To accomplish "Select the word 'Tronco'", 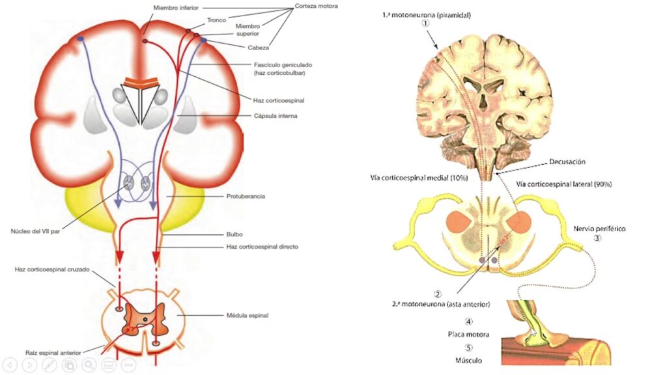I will (216, 20).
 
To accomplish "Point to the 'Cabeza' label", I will (259, 48).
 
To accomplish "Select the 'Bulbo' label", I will (235, 233).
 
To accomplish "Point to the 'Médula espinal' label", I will (248, 315).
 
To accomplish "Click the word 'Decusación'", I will (568, 161).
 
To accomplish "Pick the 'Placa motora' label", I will (469, 334).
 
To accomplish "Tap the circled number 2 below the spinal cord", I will (438, 294).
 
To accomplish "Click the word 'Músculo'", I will (469, 359).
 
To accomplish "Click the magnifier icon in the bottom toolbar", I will (89, 365).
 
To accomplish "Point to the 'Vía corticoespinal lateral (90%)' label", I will (564, 184).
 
